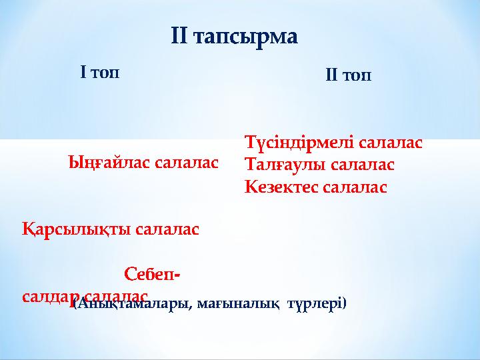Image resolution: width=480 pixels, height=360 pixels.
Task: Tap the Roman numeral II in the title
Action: click(181, 37)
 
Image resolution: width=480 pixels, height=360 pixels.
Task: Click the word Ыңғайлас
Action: click(109, 163)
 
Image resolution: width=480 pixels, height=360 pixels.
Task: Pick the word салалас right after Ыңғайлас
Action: click(186, 162)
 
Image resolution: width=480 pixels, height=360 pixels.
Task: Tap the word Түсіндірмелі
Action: click(298, 143)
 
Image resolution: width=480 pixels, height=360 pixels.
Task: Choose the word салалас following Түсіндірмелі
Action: click(390, 143)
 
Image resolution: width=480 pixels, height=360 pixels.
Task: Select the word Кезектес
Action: click(281, 187)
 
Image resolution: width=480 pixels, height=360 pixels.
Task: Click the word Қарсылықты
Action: click(75, 230)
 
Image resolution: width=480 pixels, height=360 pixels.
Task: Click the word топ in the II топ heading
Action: click(360, 76)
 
